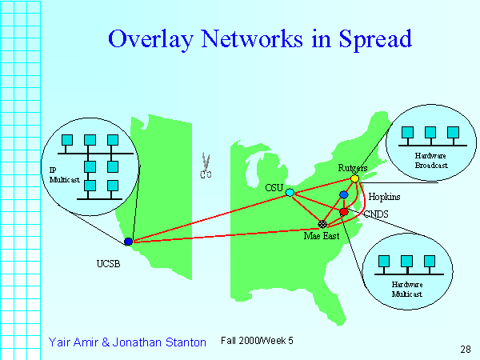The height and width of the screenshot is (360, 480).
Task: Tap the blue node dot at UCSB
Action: click(128, 241)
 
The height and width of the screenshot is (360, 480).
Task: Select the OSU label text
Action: click(274, 186)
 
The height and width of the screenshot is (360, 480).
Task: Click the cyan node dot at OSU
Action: click(290, 192)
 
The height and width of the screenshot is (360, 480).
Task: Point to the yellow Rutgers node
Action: click(355, 178)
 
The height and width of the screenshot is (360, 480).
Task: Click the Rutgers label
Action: click(353, 168)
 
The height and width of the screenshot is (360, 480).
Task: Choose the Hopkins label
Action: click(384, 196)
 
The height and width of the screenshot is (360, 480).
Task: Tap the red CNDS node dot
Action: click(344, 212)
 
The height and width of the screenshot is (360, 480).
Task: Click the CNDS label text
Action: click(376, 214)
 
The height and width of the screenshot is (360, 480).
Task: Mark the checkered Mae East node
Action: click(322, 224)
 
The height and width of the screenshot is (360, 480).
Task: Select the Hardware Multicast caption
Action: click(406, 289)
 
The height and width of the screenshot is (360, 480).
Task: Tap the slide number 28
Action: click(465, 349)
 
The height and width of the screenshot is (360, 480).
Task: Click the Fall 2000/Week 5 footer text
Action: click(257, 341)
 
